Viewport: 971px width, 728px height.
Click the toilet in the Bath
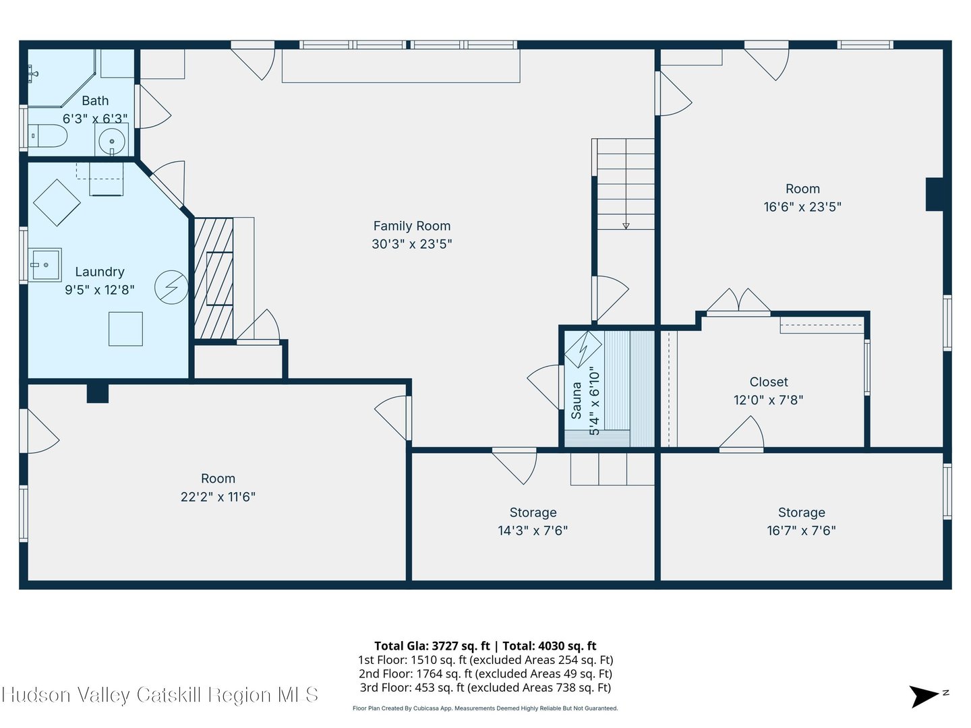pyautogui.click(x=48, y=135)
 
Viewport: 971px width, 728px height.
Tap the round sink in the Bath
pyautogui.click(x=111, y=142)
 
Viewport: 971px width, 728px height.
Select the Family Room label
pyautogui.click(x=412, y=226)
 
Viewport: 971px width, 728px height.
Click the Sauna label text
pyautogui.click(x=576, y=400)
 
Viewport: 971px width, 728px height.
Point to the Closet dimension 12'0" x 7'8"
pyautogui.click(x=769, y=400)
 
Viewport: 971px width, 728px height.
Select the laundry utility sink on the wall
pyautogui.click(x=45, y=264)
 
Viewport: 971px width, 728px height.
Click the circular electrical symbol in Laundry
pyautogui.click(x=171, y=287)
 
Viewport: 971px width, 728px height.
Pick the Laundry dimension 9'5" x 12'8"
pyautogui.click(x=100, y=290)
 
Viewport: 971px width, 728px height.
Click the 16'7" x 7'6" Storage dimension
pyautogui.click(x=802, y=530)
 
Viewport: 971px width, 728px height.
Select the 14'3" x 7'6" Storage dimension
pyautogui.click(x=533, y=530)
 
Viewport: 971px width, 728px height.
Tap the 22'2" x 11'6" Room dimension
pyautogui.click(x=218, y=497)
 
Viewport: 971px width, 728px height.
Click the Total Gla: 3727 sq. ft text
pyautogui.click(x=432, y=646)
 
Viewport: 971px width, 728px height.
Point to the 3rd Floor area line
pyautogui.click(x=486, y=688)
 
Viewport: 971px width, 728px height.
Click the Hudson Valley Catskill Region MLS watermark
pyautogui.click(x=160, y=695)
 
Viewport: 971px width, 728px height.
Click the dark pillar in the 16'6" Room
pyautogui.click(x=935, y=195)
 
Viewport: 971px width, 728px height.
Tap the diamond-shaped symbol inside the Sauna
pyautogui.click(x=583, y=350)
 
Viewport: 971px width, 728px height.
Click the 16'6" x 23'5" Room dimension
pyautogui.click(x=802, y=207)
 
